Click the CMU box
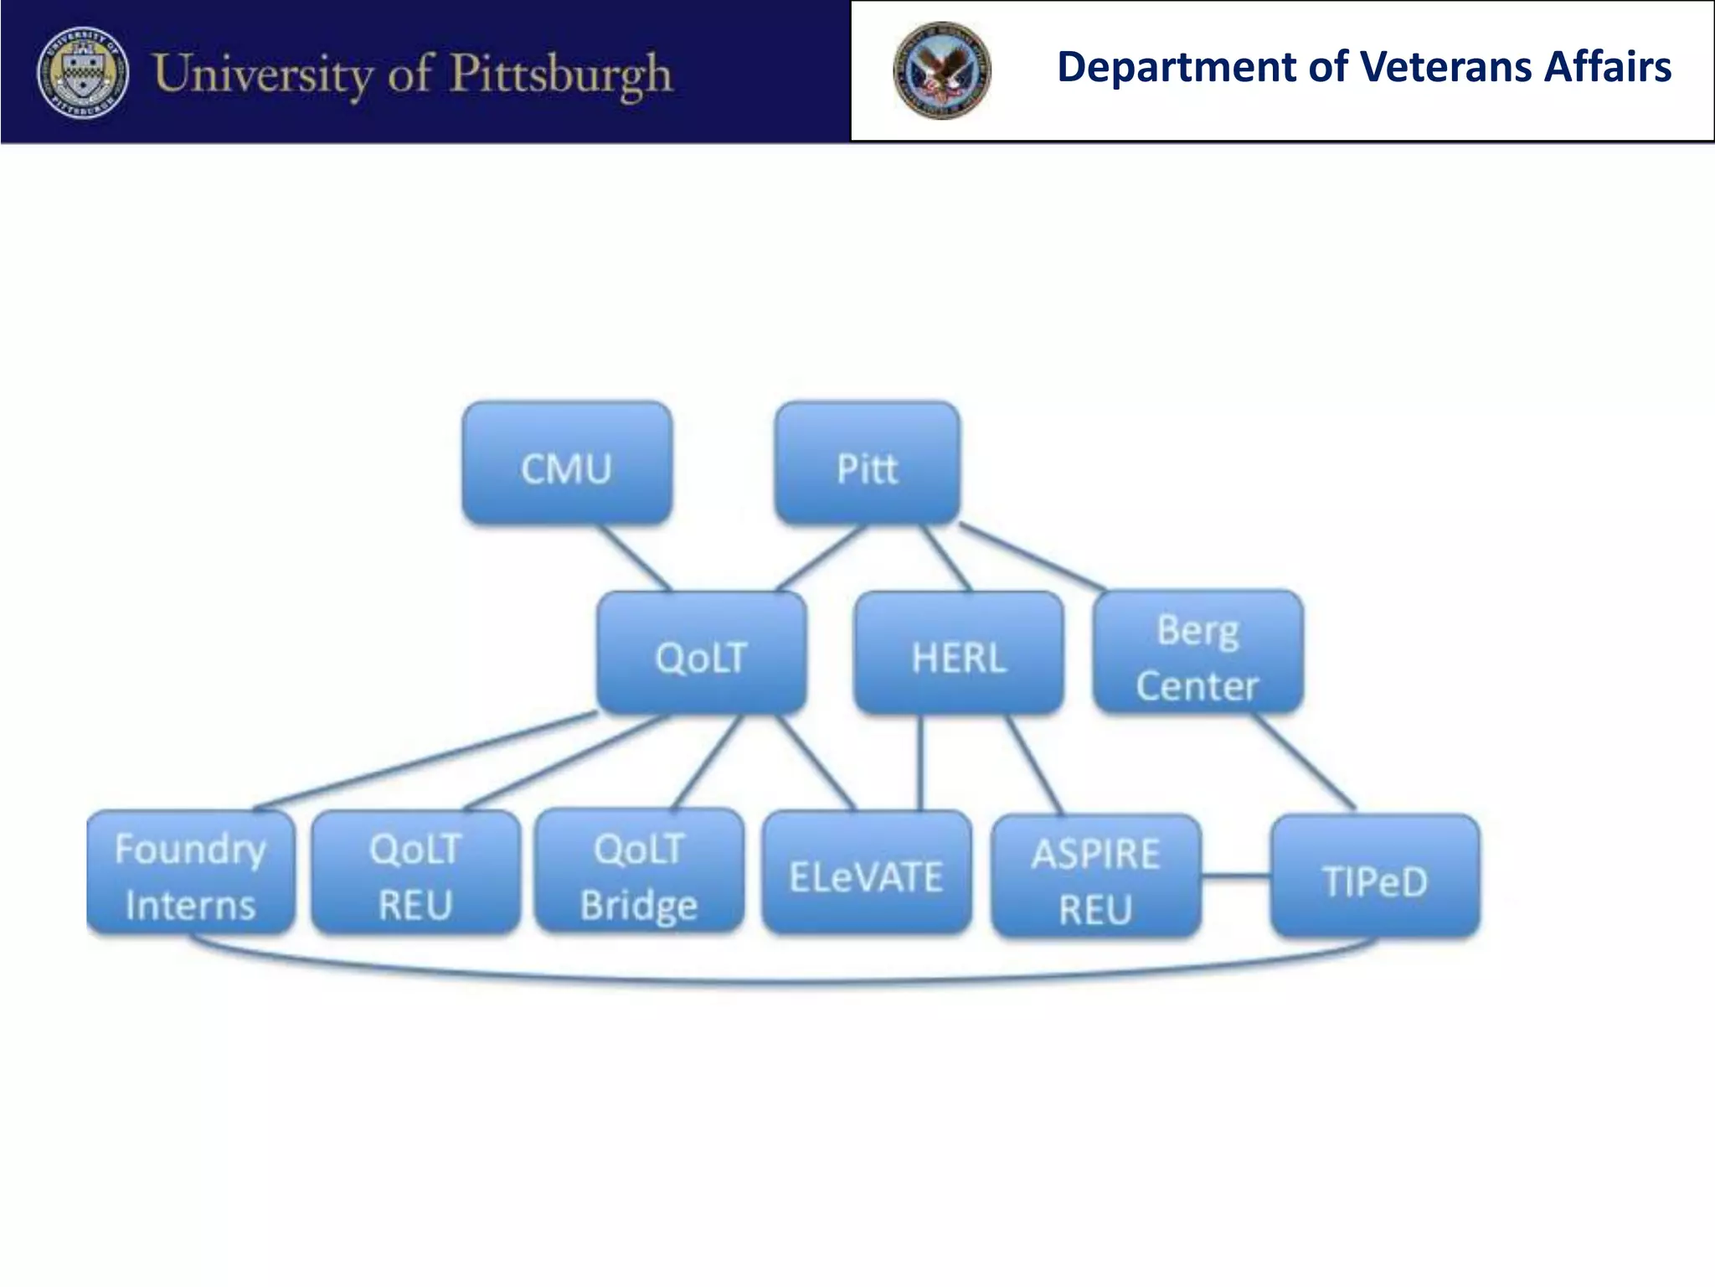[x=567, y=463]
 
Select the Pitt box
[x=867, y=463]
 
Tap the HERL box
[x=959, y=653]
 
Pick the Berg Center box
[x=1197, y=653]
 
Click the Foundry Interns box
[x=191, y=873]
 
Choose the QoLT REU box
[x=415, y=873]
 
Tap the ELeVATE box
[x=867, y=873]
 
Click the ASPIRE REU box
[x=1096, y=876]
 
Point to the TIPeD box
[x=1375, y=876]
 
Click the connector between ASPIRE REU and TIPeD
[x=1236, y=877]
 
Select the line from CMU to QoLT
[x=634, y=557]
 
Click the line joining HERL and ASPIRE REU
[x=1034, y=764]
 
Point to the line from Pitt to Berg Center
[x=1032, y=557]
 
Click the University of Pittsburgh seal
[x=83, y=72]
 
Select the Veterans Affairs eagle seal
[x=942, y=70]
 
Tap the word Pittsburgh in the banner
[x=561, y=74]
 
